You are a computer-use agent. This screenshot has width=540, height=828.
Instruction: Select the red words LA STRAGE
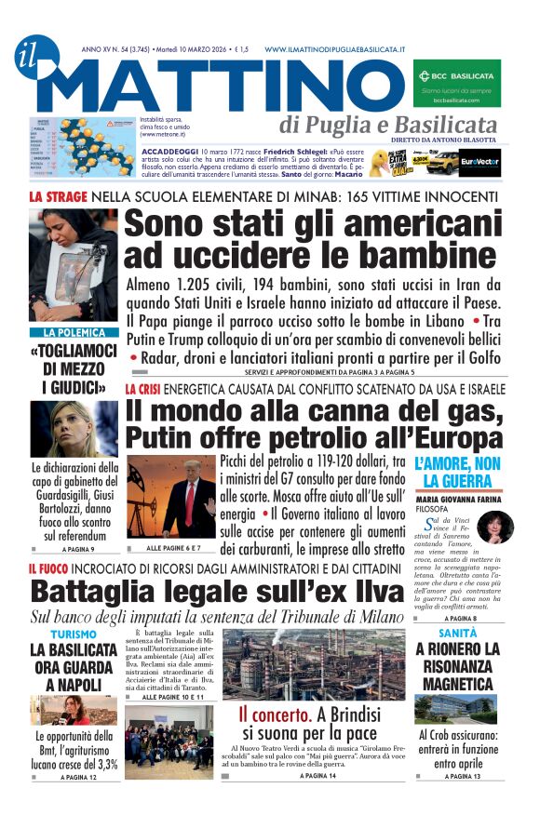pos(58,197)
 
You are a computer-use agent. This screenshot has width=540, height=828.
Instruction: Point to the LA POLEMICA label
pos(74,332)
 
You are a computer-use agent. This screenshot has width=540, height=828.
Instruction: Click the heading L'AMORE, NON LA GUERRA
pos(458,472)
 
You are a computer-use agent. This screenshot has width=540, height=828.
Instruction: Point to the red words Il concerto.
pos(275,714)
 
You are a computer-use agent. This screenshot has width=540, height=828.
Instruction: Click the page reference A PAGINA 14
pos(318,775)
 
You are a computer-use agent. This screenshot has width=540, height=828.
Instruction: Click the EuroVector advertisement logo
pos(482,161)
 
